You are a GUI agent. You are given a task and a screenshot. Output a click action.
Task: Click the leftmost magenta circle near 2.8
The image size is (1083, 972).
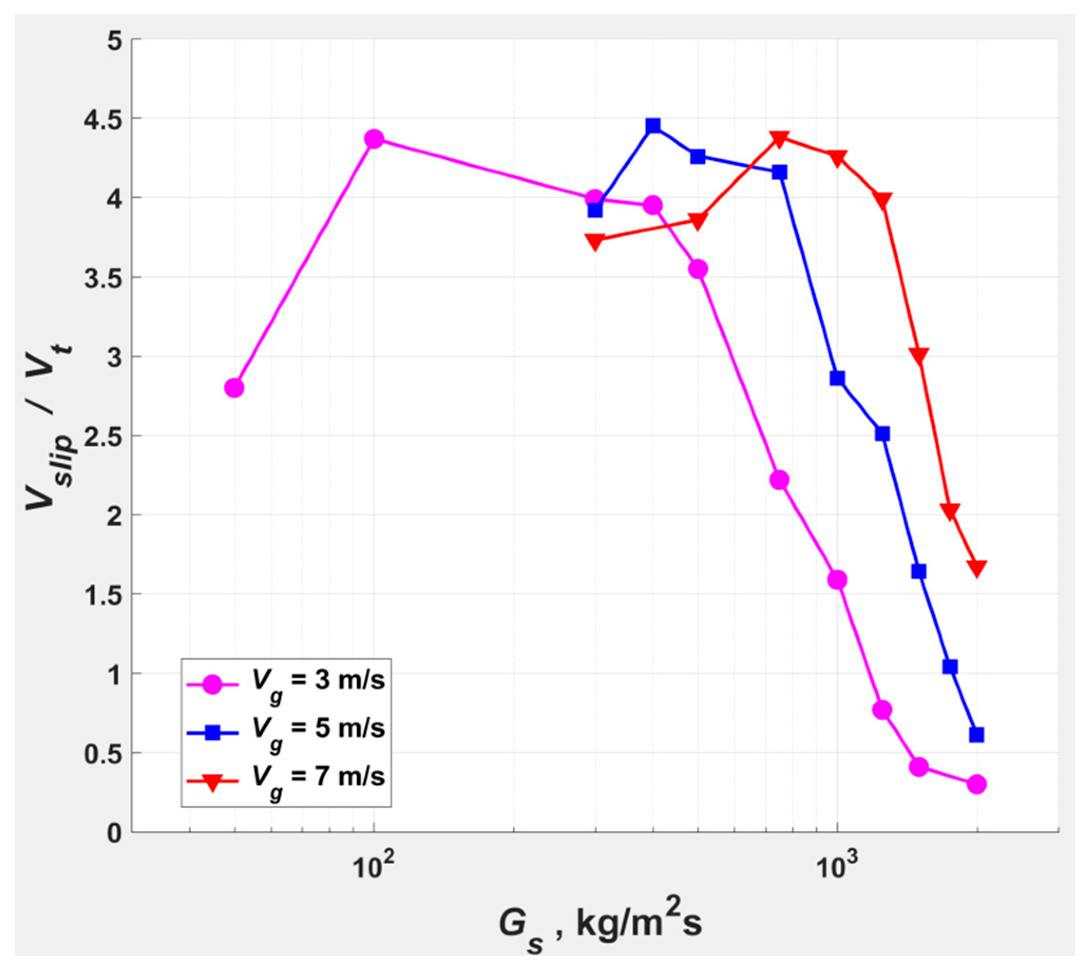[x=234, y=387]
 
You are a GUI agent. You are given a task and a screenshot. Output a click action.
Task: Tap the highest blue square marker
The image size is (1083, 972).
[x=653, y=126]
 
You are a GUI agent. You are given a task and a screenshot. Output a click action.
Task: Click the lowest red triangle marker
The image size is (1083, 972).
[x=977, y=568]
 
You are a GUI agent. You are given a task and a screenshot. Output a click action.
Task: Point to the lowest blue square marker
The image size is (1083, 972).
[x=977, y=735]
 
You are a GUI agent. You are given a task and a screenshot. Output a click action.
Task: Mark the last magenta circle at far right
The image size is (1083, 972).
[x=977, y=784]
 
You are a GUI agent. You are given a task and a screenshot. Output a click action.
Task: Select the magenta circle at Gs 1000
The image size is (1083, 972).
[x=837, y=580]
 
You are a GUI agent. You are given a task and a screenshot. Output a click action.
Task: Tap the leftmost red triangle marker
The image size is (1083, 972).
[x=596, y=241]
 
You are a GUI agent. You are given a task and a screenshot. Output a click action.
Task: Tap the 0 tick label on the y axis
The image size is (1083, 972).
[x=115, y=833]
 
